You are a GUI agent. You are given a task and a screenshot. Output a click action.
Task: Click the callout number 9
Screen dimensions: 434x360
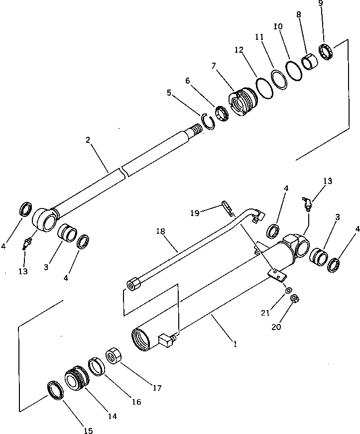[x=321, y=3]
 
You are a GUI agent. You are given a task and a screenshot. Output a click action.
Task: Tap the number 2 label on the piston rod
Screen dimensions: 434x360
[x=88, y=140]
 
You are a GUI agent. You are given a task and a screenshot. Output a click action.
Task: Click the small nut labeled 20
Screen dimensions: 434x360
[x=294, y=299]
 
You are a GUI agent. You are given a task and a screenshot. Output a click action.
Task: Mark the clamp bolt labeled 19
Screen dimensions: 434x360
[x=227, y=208]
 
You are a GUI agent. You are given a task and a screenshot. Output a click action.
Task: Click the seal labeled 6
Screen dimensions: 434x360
[x=222, y=113]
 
